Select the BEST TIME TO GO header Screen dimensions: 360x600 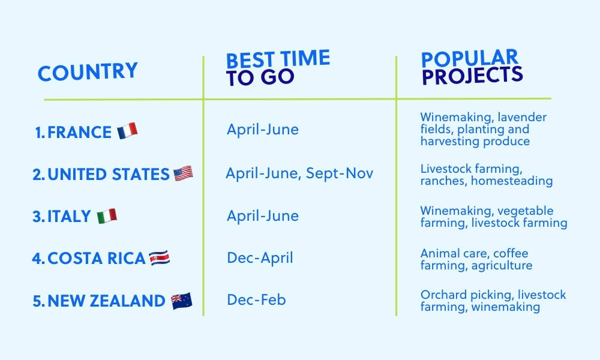coord(277,68)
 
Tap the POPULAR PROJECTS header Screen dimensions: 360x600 coord(472,67)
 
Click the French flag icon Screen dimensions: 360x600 coord(127,131)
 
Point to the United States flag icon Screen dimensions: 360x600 coord(183,174)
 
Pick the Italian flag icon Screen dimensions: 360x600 coord(107,216)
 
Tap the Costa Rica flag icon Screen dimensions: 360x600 coord(160,258)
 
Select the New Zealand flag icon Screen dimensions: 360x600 coord(181,301)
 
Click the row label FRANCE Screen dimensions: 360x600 coord(79,132)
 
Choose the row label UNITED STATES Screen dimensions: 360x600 coord(108,175)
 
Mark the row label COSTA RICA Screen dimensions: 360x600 coord(96,259)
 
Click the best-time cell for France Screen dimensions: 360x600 coord(262,130)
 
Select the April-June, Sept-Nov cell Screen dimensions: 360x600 coord(299,173)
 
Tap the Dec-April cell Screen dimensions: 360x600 coord(260,258)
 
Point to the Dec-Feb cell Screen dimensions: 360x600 coord(256,299)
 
